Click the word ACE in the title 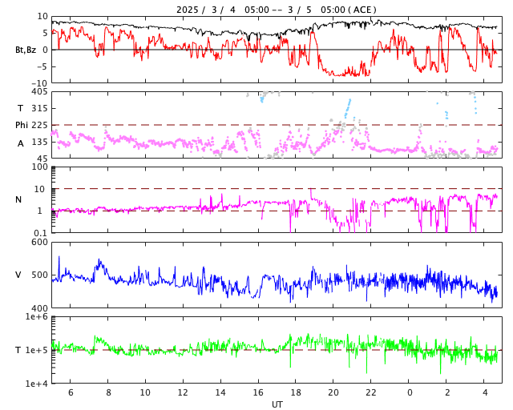(x=363, y=10)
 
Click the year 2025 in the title (x=189, y=10)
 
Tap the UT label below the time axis (x=277, y=404)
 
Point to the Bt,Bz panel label (x=25, y=50)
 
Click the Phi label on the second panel (x=22, y=125)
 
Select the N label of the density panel (x=18, y=199)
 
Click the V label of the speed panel (x=18, y=275)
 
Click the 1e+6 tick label (x=36, y=317)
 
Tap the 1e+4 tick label (x=36, y=384)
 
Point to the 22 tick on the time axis (x=371, y=393)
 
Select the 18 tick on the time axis (x=296, y=393)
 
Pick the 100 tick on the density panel (x=39, y=167)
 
